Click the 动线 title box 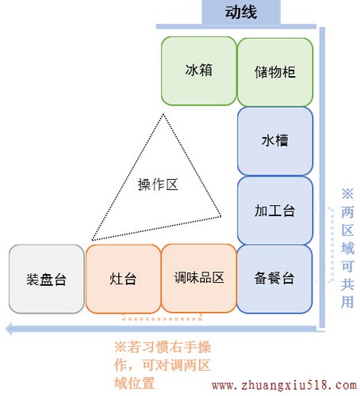tap(241, 12)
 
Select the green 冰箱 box tap(199, 70)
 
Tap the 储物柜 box tap(275, 72)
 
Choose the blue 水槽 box tap(275, 141)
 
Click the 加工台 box tap(275, 211)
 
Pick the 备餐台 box tap(274, 279)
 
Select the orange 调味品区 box tap(199, 278)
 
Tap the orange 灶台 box tap(123, 279)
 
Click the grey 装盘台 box tap(47, 279)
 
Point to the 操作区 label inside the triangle tap(158, 185)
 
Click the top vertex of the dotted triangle tap(163, 114)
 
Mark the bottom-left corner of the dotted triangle tap(92, 240)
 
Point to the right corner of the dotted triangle tap(220, 216)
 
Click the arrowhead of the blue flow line tap(9, 329)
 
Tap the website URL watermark tap(284, 385)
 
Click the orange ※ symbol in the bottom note tap(121, 347)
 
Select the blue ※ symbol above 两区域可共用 tap(347, 194)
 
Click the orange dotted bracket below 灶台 tap(162, 318)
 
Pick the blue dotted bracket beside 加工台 tap(331, 245)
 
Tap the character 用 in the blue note tap(347, 302)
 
